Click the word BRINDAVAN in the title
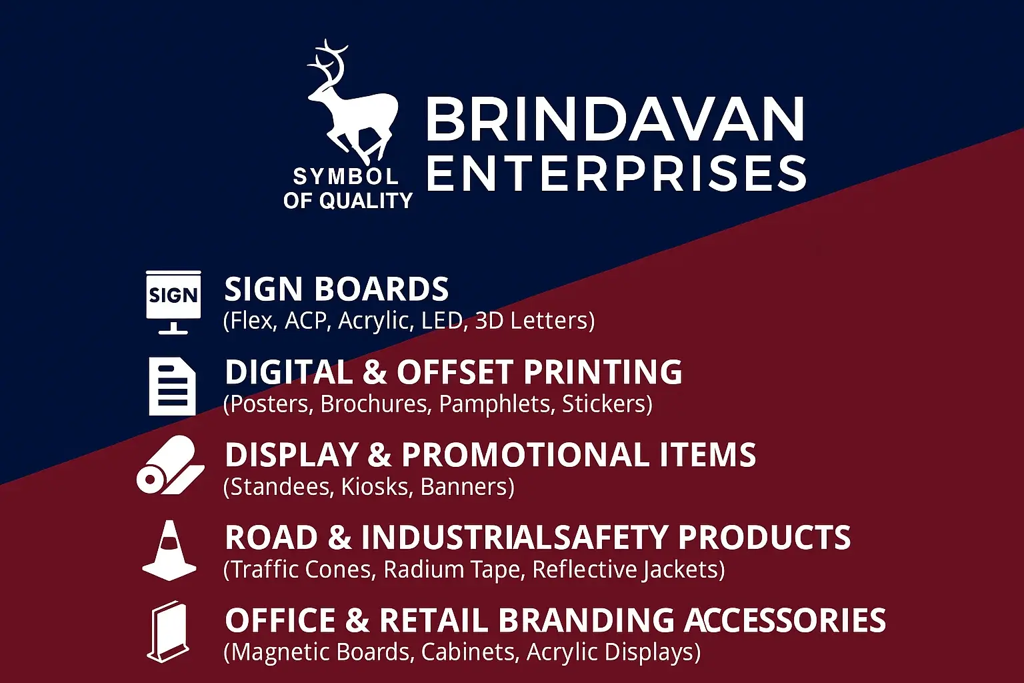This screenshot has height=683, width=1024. click(x=615, y=119)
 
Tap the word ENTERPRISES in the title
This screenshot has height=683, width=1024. click(x=616, y=173)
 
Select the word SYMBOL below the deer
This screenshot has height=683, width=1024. click(x=345, y=177)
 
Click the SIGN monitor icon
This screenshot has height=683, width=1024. click(x=173, y=302)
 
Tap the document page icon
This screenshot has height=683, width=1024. click(x=173, y=386)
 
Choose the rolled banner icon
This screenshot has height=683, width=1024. click(x=171, y=465)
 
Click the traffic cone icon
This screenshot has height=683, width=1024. click(x=169, y=550)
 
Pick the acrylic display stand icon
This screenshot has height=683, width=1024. click(x=169, y=631)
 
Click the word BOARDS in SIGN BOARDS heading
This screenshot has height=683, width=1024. click(x=382, y=289)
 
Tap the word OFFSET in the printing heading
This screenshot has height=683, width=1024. click(x=455, y=372)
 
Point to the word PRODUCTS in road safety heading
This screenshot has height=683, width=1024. click(x=765, y=537)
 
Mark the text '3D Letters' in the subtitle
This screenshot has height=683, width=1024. click(x=535, y=320)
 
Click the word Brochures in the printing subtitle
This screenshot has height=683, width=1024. click(x=376, y=404)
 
